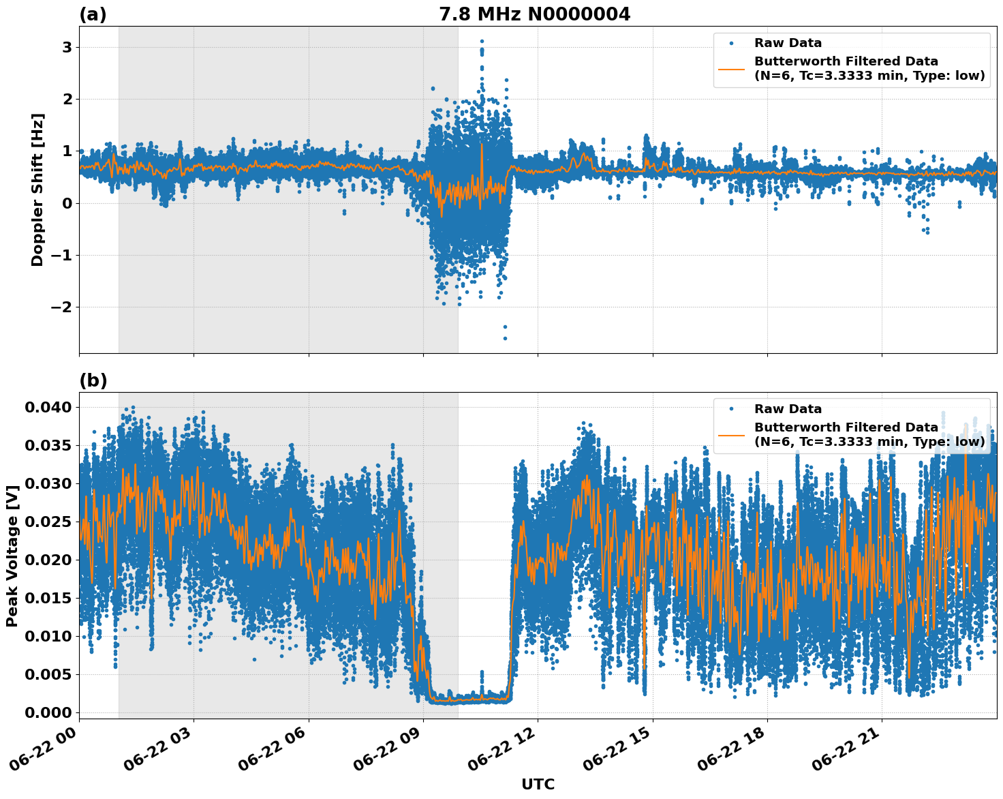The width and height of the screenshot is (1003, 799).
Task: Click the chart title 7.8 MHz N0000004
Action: click(534, 14)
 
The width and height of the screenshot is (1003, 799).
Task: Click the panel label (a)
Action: click(93, 14)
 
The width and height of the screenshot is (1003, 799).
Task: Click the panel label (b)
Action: click(93, 380)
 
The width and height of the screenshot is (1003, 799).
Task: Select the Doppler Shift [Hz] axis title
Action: click(37, 190)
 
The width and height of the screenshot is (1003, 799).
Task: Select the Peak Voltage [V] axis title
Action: click(12, 556)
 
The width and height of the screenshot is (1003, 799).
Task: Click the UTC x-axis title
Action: click(538, 784)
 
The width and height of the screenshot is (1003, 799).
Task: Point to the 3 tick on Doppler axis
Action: click(67, 47)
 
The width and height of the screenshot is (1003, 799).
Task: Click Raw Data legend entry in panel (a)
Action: click(788, 43)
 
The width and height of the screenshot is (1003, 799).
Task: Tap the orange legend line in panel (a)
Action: click(732, 68)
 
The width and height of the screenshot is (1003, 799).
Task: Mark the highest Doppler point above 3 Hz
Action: click(482, 42)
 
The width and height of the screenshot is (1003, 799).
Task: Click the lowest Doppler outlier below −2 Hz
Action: click(505, 337)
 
